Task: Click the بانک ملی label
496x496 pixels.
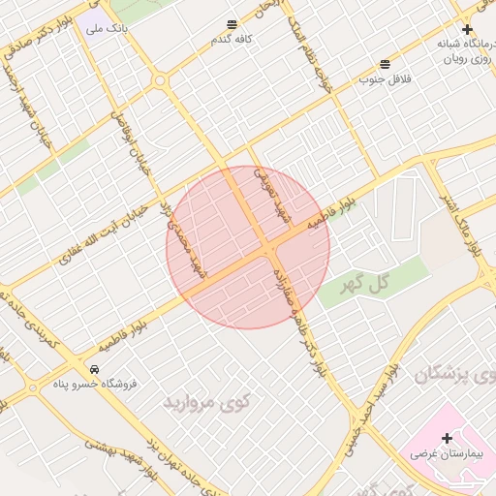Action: (107, 29)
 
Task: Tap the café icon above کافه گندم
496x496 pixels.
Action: (232, 24)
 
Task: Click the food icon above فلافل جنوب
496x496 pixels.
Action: (386, 63)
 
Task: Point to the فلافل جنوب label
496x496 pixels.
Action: (386, 78)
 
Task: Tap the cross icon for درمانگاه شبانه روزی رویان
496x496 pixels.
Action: (468, 30)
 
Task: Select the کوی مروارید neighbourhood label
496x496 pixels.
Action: (206, 400)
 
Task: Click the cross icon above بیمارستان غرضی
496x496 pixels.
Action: (447, 437)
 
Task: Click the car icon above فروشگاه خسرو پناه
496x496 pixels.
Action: (95, 369)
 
